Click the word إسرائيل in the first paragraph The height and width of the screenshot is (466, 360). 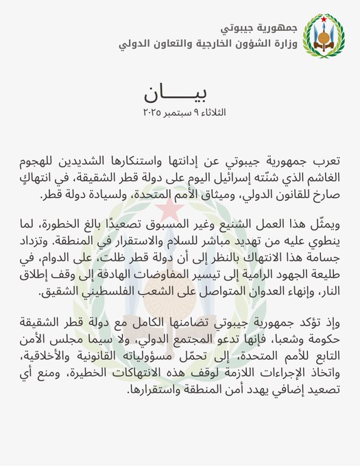204,177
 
